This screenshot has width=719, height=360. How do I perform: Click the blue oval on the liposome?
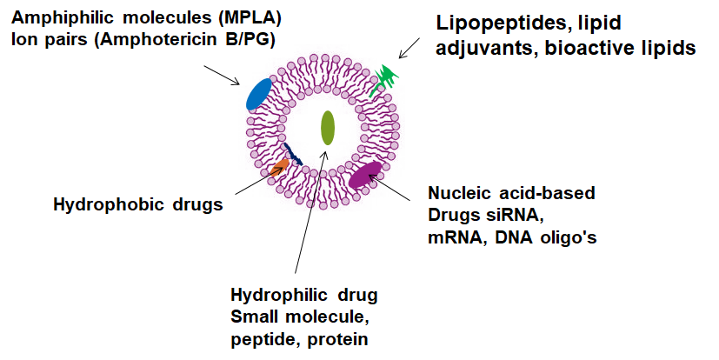point(259,94)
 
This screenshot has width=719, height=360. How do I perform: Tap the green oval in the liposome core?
point(328,128)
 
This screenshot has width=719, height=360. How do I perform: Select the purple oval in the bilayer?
point(365,174)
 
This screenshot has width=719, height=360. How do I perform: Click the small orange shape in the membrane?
point(279,167)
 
